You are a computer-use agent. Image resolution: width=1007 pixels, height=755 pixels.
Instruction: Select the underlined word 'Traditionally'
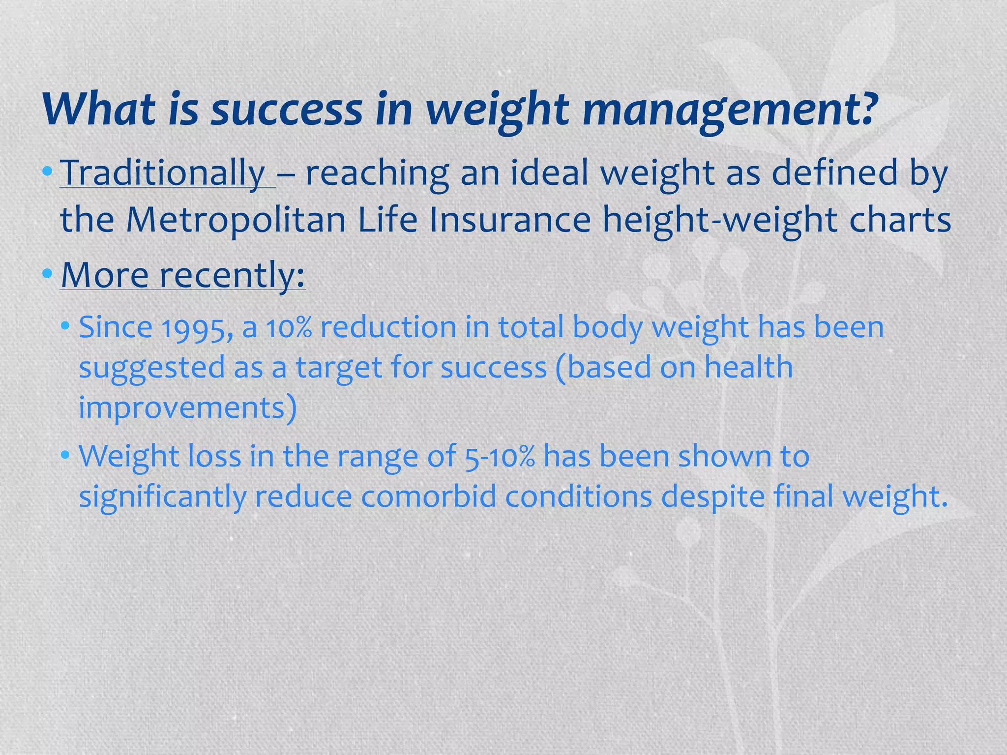[x=162, y=173]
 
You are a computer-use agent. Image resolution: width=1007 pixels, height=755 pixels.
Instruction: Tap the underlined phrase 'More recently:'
[x=182, y=275]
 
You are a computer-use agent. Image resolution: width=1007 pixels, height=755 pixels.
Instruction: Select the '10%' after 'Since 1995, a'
[x=290, y=328]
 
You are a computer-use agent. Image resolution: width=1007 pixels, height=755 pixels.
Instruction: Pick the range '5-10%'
[x=499, y=457]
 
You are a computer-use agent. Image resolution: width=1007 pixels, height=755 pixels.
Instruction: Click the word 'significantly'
[x=162, y=497]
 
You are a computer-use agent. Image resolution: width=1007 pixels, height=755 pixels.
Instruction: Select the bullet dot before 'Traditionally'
[x=47, y=172]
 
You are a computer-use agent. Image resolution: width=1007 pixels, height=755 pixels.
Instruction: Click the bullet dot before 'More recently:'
[x=47, y=274]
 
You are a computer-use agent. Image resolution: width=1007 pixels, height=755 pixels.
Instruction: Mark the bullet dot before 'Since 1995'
[x=65, y=326]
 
